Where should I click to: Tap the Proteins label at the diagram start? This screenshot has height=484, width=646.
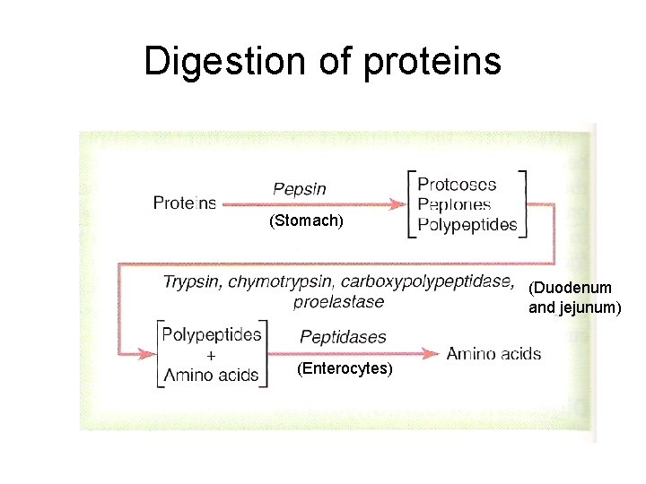[184, 203]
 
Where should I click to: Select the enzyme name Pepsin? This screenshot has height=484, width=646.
[299, 189]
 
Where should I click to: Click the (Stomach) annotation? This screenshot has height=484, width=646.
[306, 220]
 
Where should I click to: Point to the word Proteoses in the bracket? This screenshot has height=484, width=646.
[457, 184]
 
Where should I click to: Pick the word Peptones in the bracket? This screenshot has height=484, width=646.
[454, 204]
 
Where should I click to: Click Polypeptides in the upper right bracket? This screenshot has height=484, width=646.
[467, 225]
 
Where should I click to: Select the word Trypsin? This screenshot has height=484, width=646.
[192, 282]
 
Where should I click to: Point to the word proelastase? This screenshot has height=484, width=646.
[338, 301]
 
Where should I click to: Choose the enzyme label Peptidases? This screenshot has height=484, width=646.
[343, 337]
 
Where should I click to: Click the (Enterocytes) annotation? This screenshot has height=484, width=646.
[344, 368]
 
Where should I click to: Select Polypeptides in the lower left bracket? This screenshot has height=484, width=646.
[212, 334]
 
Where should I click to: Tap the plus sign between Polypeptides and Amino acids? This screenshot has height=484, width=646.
[212, 355]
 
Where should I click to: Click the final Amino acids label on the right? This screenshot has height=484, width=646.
[493, 353]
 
